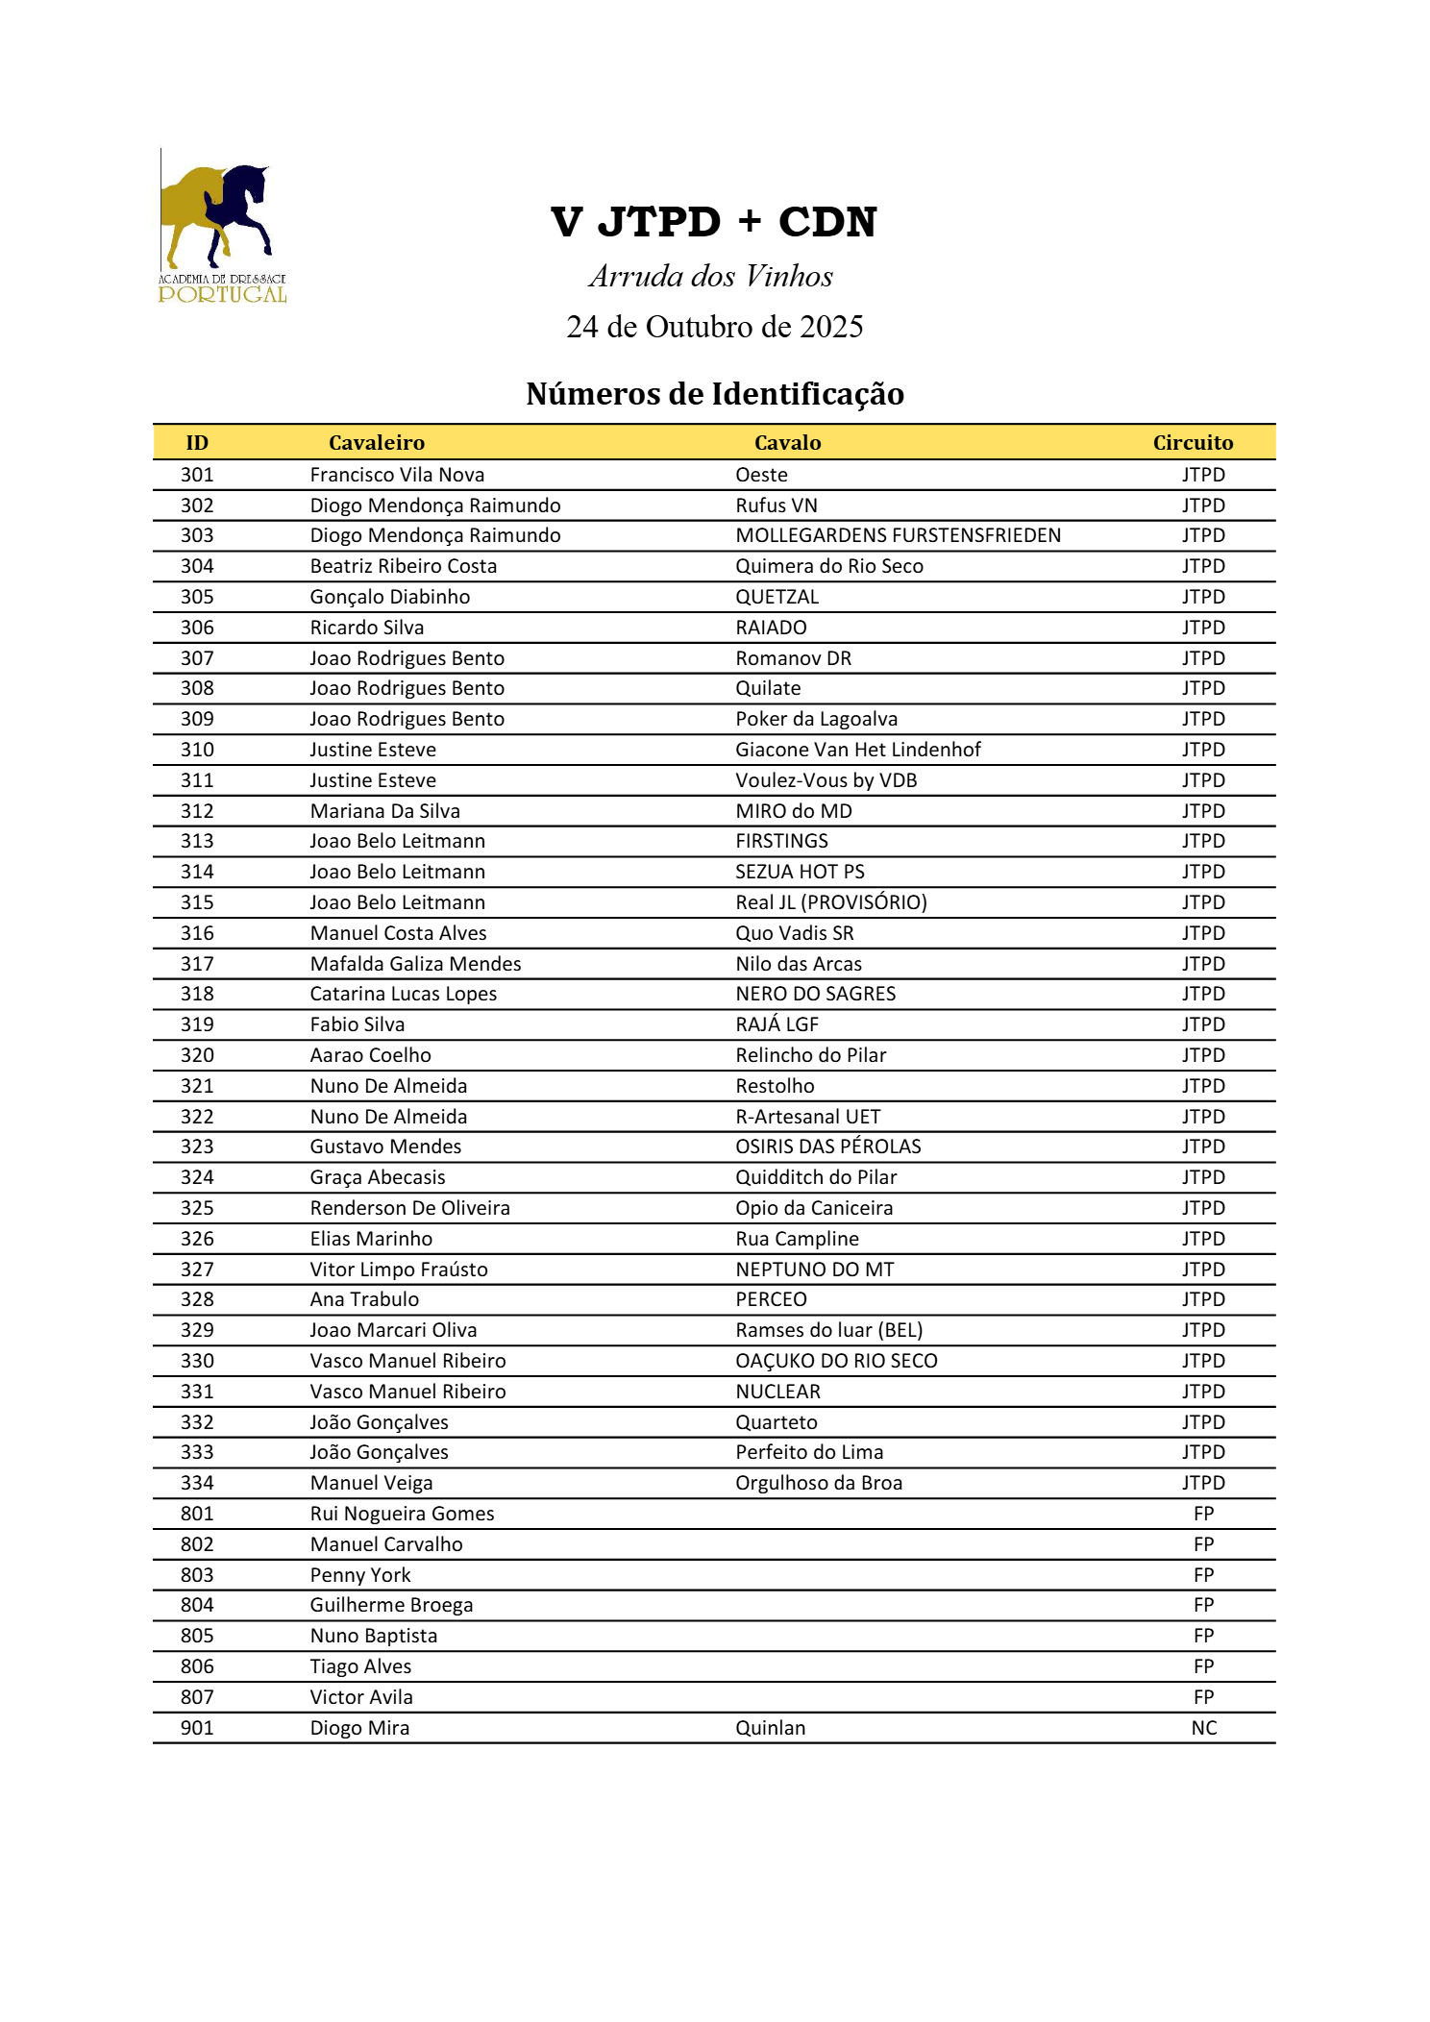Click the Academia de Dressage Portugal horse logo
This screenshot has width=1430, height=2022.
click(x=222, y=227)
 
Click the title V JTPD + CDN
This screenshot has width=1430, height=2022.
click(x=714, y=222)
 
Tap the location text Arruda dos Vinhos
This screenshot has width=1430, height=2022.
click(x=711, y=277)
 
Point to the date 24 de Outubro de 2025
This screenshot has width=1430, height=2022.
click(x=714, y=327)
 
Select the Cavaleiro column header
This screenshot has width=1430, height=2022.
click(x=376, y=443)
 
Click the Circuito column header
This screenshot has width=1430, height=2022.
click(x=1193, y=443)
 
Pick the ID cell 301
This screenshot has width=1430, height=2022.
click(x=197, y=475)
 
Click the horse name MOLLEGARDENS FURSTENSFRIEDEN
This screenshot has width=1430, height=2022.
click(x=898, y=535)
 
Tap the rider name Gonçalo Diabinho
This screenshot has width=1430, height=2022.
click(x=389, y=597)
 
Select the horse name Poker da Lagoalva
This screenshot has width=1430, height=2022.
click(x=816, y=719)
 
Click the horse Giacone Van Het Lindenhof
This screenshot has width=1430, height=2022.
click(x=857, y=750)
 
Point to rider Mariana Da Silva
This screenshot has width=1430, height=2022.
click(x=384, y=811)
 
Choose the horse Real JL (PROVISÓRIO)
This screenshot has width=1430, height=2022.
click(x=830, y=902)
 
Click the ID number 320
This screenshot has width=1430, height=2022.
click(x=197, y=1055)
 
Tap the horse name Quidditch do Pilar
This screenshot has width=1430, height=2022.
click(x=816, y=1177)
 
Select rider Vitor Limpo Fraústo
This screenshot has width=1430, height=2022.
click(x=398, y=1270)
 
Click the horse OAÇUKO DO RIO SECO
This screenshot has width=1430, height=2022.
click(x=836, y=1361)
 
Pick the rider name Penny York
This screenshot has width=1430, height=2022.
click(x=359, y=1575)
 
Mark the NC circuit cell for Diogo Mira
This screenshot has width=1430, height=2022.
click(x=1203, y=1728)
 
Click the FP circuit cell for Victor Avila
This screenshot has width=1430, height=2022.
click(x=1203, y=1697)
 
